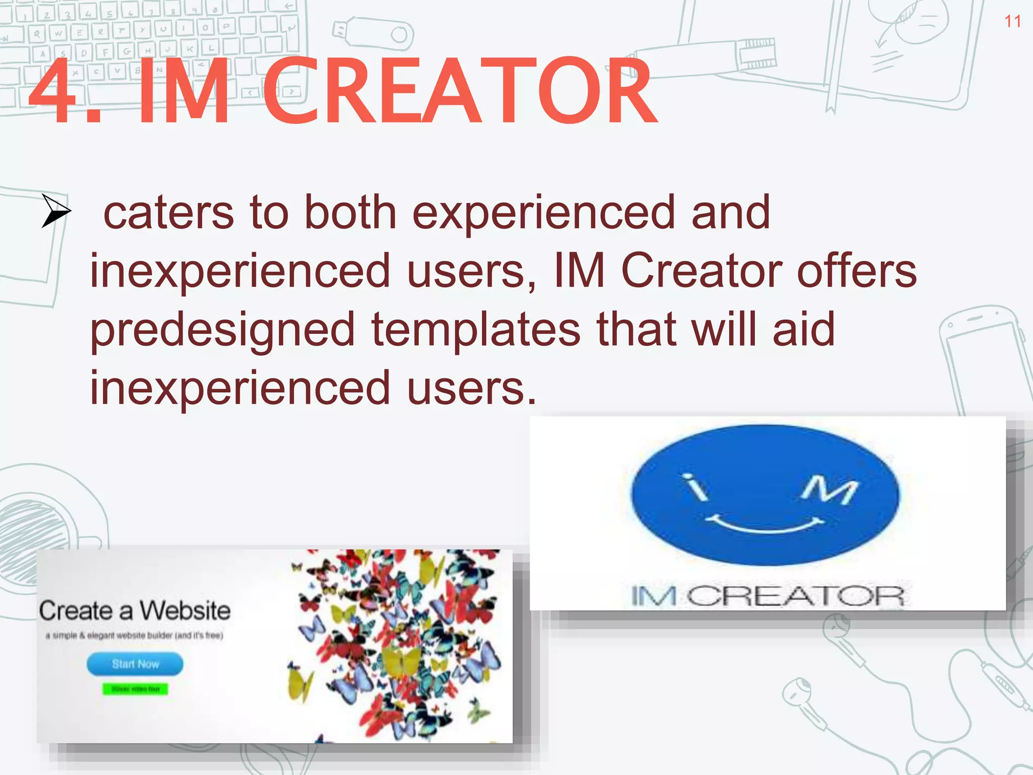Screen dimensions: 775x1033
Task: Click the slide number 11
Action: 1012,21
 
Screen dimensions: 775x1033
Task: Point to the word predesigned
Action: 222,330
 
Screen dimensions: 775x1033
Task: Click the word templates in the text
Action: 476,330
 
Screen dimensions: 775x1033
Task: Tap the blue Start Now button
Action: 135,664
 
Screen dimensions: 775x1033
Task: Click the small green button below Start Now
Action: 135,689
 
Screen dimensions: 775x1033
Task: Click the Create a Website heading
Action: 135,611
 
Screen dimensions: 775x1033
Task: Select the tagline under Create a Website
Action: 134,636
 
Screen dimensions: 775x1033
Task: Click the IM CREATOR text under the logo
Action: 767,596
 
